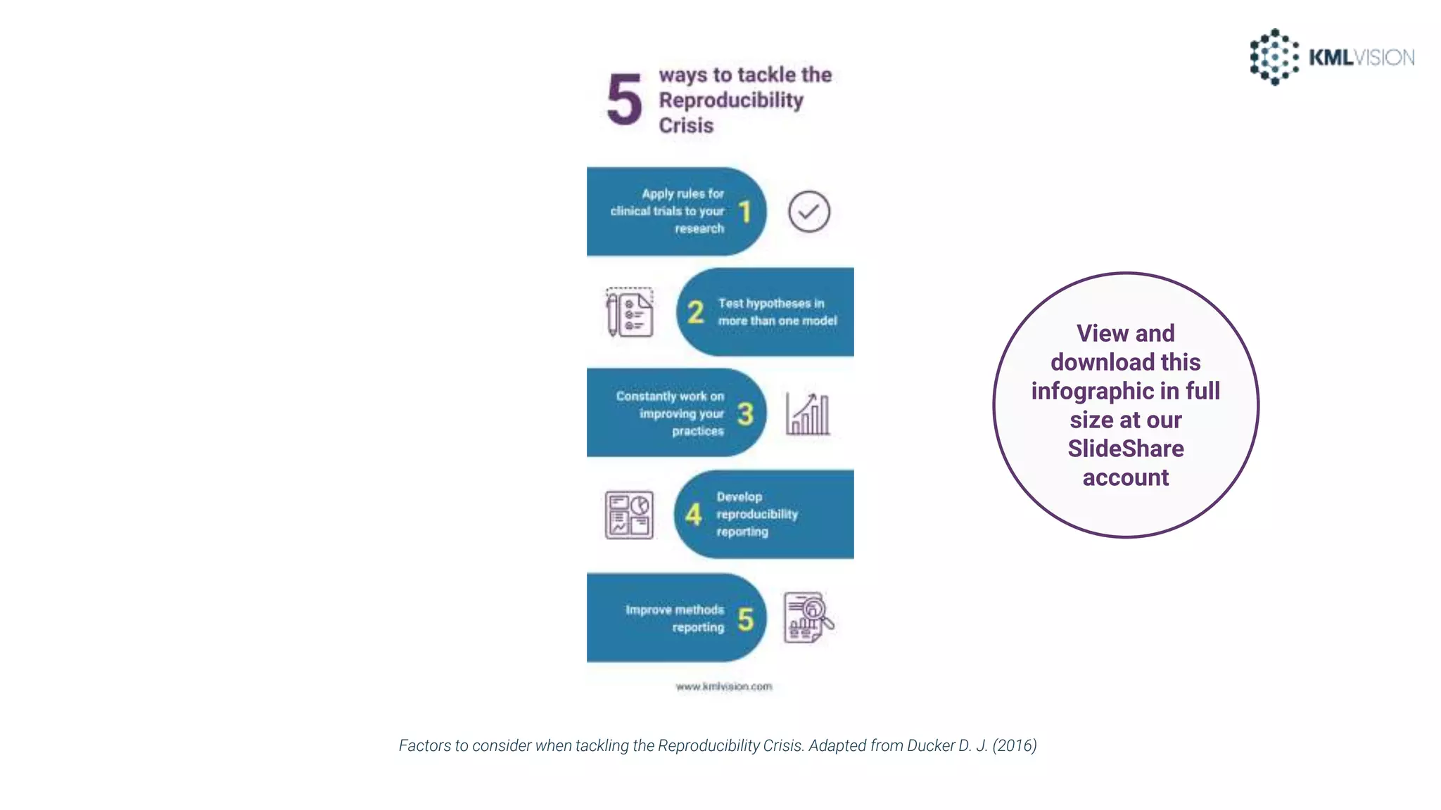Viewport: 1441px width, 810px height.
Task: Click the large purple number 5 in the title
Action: [x=625, y=100]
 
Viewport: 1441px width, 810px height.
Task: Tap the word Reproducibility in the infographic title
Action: [x=731, y=101]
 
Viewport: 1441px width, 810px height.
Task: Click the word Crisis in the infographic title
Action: [x=686, y=126]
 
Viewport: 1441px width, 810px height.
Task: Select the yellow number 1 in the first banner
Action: [x=745, y=212]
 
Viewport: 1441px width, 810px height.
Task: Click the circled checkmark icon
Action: [x=809, y=212]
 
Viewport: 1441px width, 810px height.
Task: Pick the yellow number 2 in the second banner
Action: [x=695, y=312]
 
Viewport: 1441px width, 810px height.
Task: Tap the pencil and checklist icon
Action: [x=630, y=312]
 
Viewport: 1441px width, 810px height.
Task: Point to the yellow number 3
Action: [x=745, y=414]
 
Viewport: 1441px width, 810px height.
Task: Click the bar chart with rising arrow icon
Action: [x=808, y=413]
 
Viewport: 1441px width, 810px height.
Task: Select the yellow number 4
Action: [x=694, y=515]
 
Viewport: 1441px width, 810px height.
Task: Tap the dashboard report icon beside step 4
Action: [x=629, y=515]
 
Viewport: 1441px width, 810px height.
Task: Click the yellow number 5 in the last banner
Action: [x=745, y=620]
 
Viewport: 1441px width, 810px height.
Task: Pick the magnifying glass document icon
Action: [x=808, y=617]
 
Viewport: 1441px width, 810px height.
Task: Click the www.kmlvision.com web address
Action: [x=724, y=686]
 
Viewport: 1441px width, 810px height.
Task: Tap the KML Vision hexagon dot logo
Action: [x=1274, y=57]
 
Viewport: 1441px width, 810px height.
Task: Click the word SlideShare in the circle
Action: [x=1126, y=449]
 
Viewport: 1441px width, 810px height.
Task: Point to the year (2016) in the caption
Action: [x=1015, y=745]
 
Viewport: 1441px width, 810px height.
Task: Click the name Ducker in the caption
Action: [x=930, y=745]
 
